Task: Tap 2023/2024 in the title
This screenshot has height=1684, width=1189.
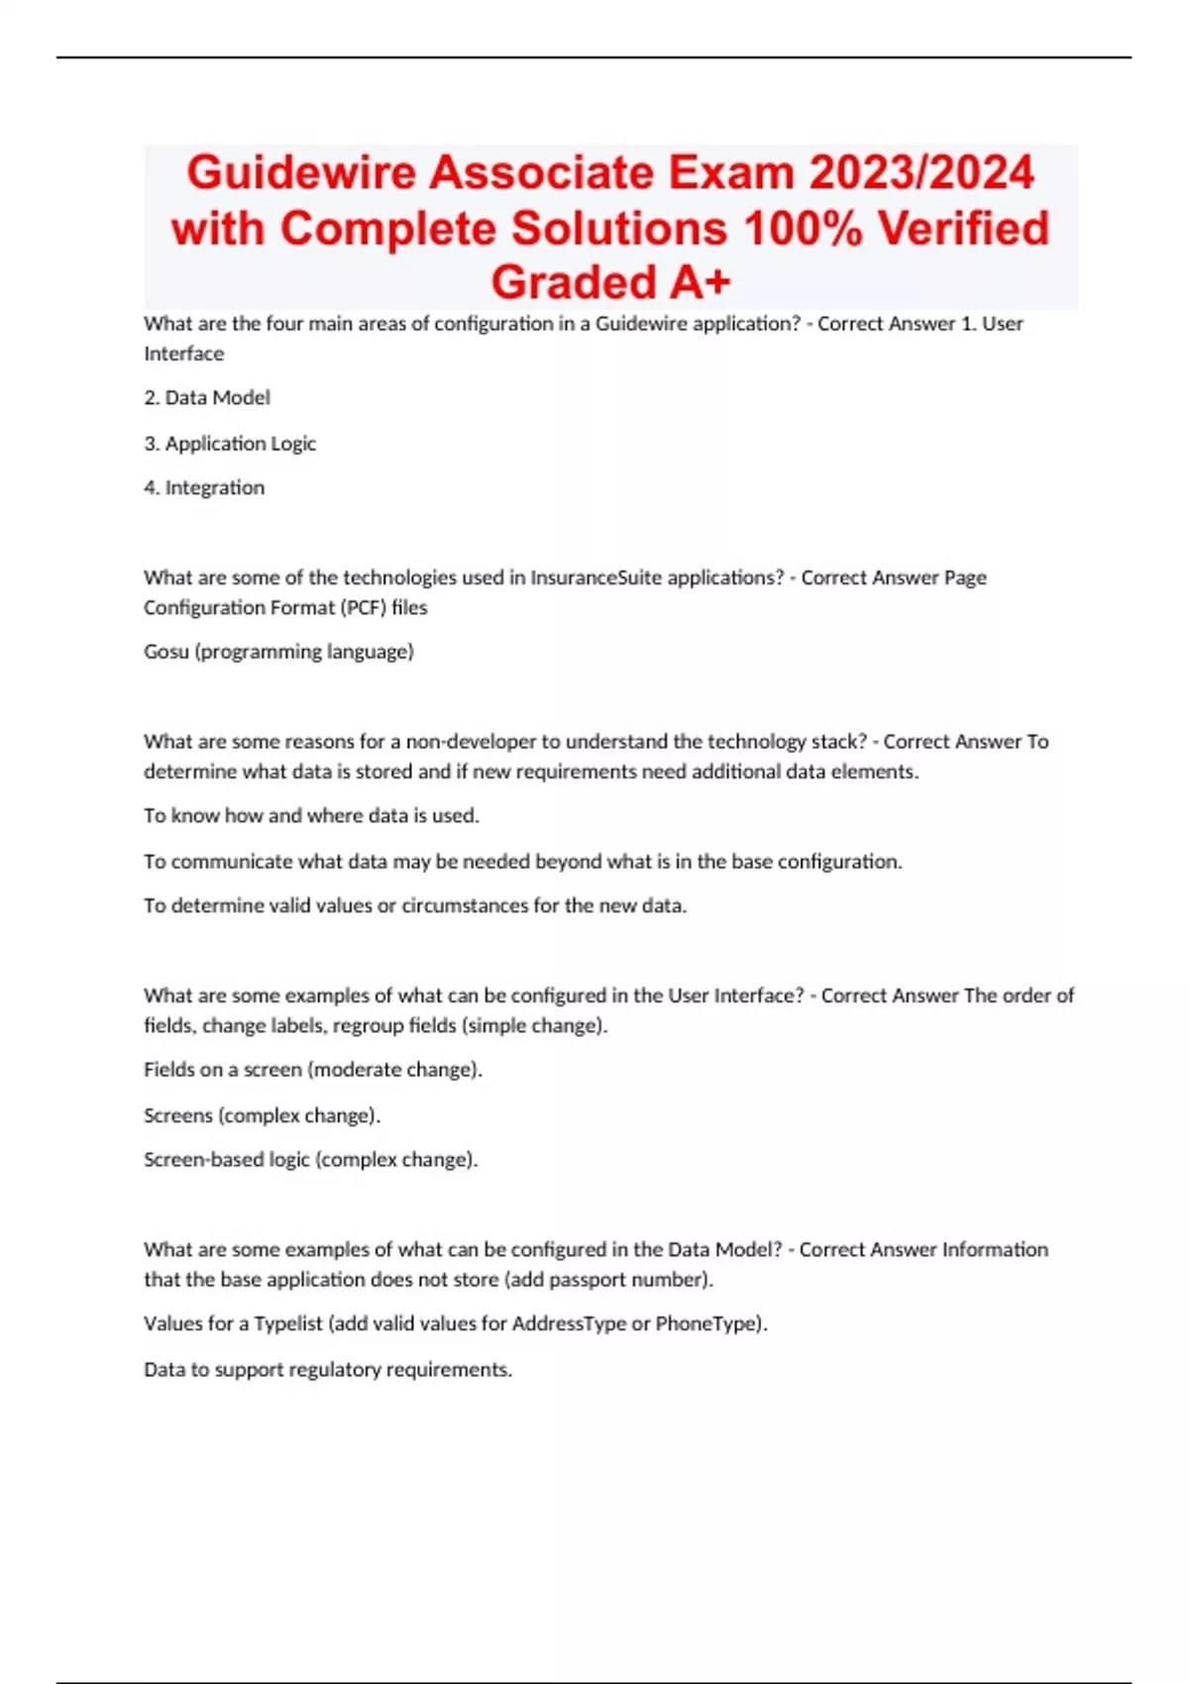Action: pyautogui.click(x=921, y=173)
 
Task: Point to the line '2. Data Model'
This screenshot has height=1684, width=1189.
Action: pyautogui.click(x=207, y=398)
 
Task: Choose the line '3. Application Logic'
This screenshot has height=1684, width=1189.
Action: pyautogui.click(x=230, y=444)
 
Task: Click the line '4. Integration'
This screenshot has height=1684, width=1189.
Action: pyautogui.click(x=204, y=488)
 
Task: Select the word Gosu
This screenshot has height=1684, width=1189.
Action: pyautogui.click(x=166, y=652)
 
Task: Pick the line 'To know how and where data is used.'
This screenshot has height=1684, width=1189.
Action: pyautogui.click(x=311, y=816)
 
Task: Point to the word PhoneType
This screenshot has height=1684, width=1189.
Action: pyautogui.click(x=705, y=1324)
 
